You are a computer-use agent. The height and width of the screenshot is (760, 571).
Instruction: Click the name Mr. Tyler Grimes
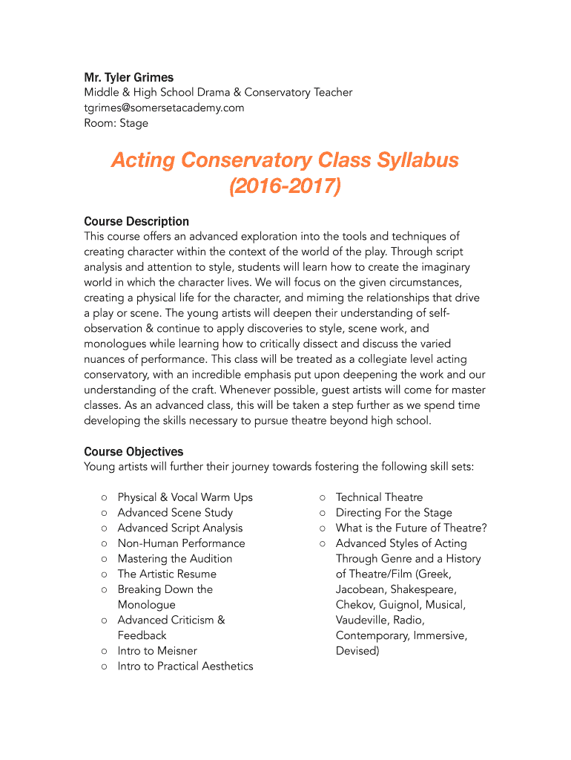[128, 77]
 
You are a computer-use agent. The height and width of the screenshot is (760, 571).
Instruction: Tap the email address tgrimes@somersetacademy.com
[164, 108]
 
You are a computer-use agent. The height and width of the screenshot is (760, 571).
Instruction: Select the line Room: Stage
[116, 123]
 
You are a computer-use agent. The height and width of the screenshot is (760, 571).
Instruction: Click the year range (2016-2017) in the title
[285, 187]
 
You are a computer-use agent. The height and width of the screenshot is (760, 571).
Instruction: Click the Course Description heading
[136, 221]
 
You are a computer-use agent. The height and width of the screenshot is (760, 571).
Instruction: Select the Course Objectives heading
[133, 451]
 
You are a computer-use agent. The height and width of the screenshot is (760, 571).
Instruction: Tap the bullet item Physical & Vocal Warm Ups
[185, 497]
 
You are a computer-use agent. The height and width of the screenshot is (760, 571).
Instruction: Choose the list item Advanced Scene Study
[175, 513]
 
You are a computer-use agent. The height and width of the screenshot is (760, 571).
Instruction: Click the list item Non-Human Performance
[181, 543]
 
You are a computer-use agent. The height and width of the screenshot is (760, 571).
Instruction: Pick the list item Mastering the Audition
[175, 559]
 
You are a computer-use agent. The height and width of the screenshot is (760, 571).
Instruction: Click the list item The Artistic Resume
[167, 574]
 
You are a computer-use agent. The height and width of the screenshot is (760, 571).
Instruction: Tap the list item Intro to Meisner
[157, 651]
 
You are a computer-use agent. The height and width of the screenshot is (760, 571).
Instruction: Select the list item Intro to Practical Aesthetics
[185, 666]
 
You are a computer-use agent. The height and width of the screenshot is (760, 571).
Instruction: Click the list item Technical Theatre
[379, 497]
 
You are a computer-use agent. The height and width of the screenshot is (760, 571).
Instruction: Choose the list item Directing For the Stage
[394, 513]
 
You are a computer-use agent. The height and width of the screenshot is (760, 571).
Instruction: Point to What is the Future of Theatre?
[411, 528]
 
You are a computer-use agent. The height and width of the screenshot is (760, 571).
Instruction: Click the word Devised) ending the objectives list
[357, 651]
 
